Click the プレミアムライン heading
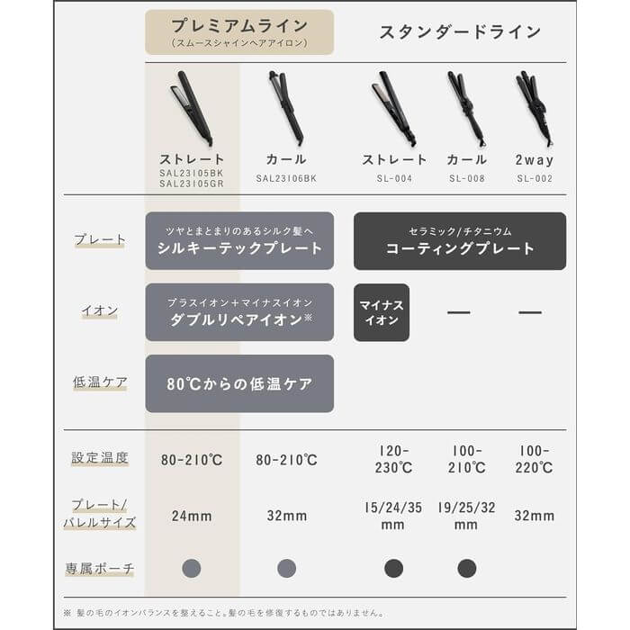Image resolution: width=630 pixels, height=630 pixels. pos(238,26)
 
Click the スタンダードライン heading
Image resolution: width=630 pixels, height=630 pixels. pos(459,32)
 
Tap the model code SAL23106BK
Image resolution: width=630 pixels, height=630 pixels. pos(286,178)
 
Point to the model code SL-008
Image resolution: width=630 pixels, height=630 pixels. pos(466,178)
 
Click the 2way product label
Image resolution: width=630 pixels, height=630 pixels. pos(535,160)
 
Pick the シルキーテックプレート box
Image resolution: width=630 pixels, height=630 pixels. pos(239,240)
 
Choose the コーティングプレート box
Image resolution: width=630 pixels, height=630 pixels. pos(459,240)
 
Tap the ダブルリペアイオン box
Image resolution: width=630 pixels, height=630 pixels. pos(239,311)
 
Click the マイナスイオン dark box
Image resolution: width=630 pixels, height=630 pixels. pos(382,312)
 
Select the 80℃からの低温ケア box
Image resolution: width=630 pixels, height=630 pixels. pos(239,383)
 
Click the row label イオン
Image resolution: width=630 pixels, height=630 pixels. pos(100,310)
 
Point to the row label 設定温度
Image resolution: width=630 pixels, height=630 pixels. pos(100,457)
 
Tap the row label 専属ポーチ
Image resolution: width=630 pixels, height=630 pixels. pos(100,568)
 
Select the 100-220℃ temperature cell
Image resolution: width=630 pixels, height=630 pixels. pos(535,459)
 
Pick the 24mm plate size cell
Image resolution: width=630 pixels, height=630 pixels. pos(191,516)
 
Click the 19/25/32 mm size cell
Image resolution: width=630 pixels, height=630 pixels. pos(466,516)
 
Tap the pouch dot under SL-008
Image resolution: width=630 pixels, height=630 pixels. pos(466,568)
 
